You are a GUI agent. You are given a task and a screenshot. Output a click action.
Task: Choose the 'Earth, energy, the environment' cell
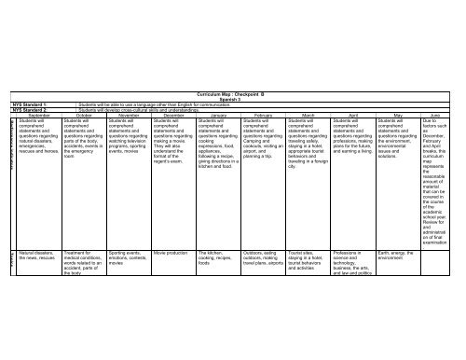tap(397, 255)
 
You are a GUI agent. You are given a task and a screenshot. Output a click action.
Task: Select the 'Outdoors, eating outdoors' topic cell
tap(263, 255)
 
